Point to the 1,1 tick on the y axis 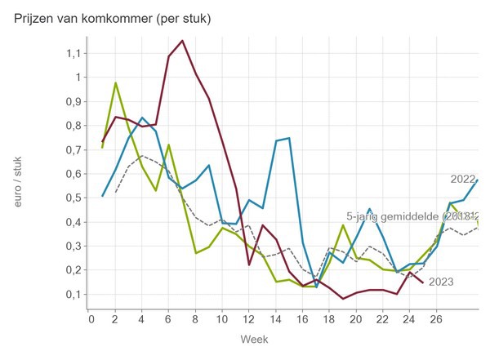[74, 53]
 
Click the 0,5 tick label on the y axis [74, 198]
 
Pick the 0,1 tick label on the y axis [74, 294]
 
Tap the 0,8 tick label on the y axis [74, 126]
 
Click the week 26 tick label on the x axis [436, 320]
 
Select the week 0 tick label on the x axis [90, 320]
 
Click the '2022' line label [463, 179]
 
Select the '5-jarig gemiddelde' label [400, 216]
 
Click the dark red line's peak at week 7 [182, 40]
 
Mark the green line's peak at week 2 [116, 82]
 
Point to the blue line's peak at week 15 [289, 138]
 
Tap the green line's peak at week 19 [343, 224]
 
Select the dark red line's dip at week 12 [249, 264]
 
